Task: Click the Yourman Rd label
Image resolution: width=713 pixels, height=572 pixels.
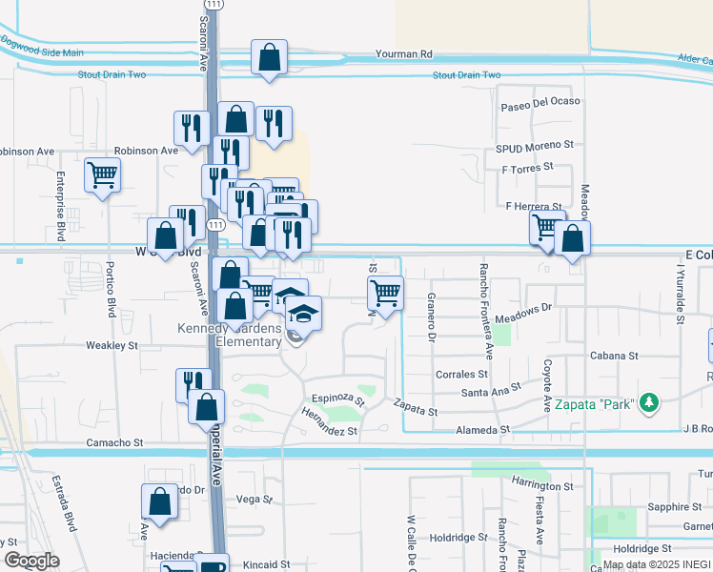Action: (x=404, y=54)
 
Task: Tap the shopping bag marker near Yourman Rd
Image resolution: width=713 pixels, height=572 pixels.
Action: (x=269, y=57)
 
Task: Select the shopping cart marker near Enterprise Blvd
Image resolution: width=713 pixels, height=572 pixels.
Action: (x=102, y=174)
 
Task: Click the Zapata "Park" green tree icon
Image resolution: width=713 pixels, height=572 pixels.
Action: (x=649, y=403)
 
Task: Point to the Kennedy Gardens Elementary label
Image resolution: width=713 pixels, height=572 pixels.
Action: (x=230, y=335)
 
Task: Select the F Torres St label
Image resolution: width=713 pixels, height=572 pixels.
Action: (x=527, y=167)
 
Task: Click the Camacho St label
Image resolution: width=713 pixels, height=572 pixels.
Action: (x=114, y=443)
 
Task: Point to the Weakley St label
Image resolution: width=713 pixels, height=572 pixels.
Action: (x=112, y=345)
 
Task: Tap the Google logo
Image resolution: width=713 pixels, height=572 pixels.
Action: (x=31, y=560)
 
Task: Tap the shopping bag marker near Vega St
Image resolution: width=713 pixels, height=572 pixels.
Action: (x=160, y=501)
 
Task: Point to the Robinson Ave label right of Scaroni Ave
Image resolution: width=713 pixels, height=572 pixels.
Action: (x=146, y=151)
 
